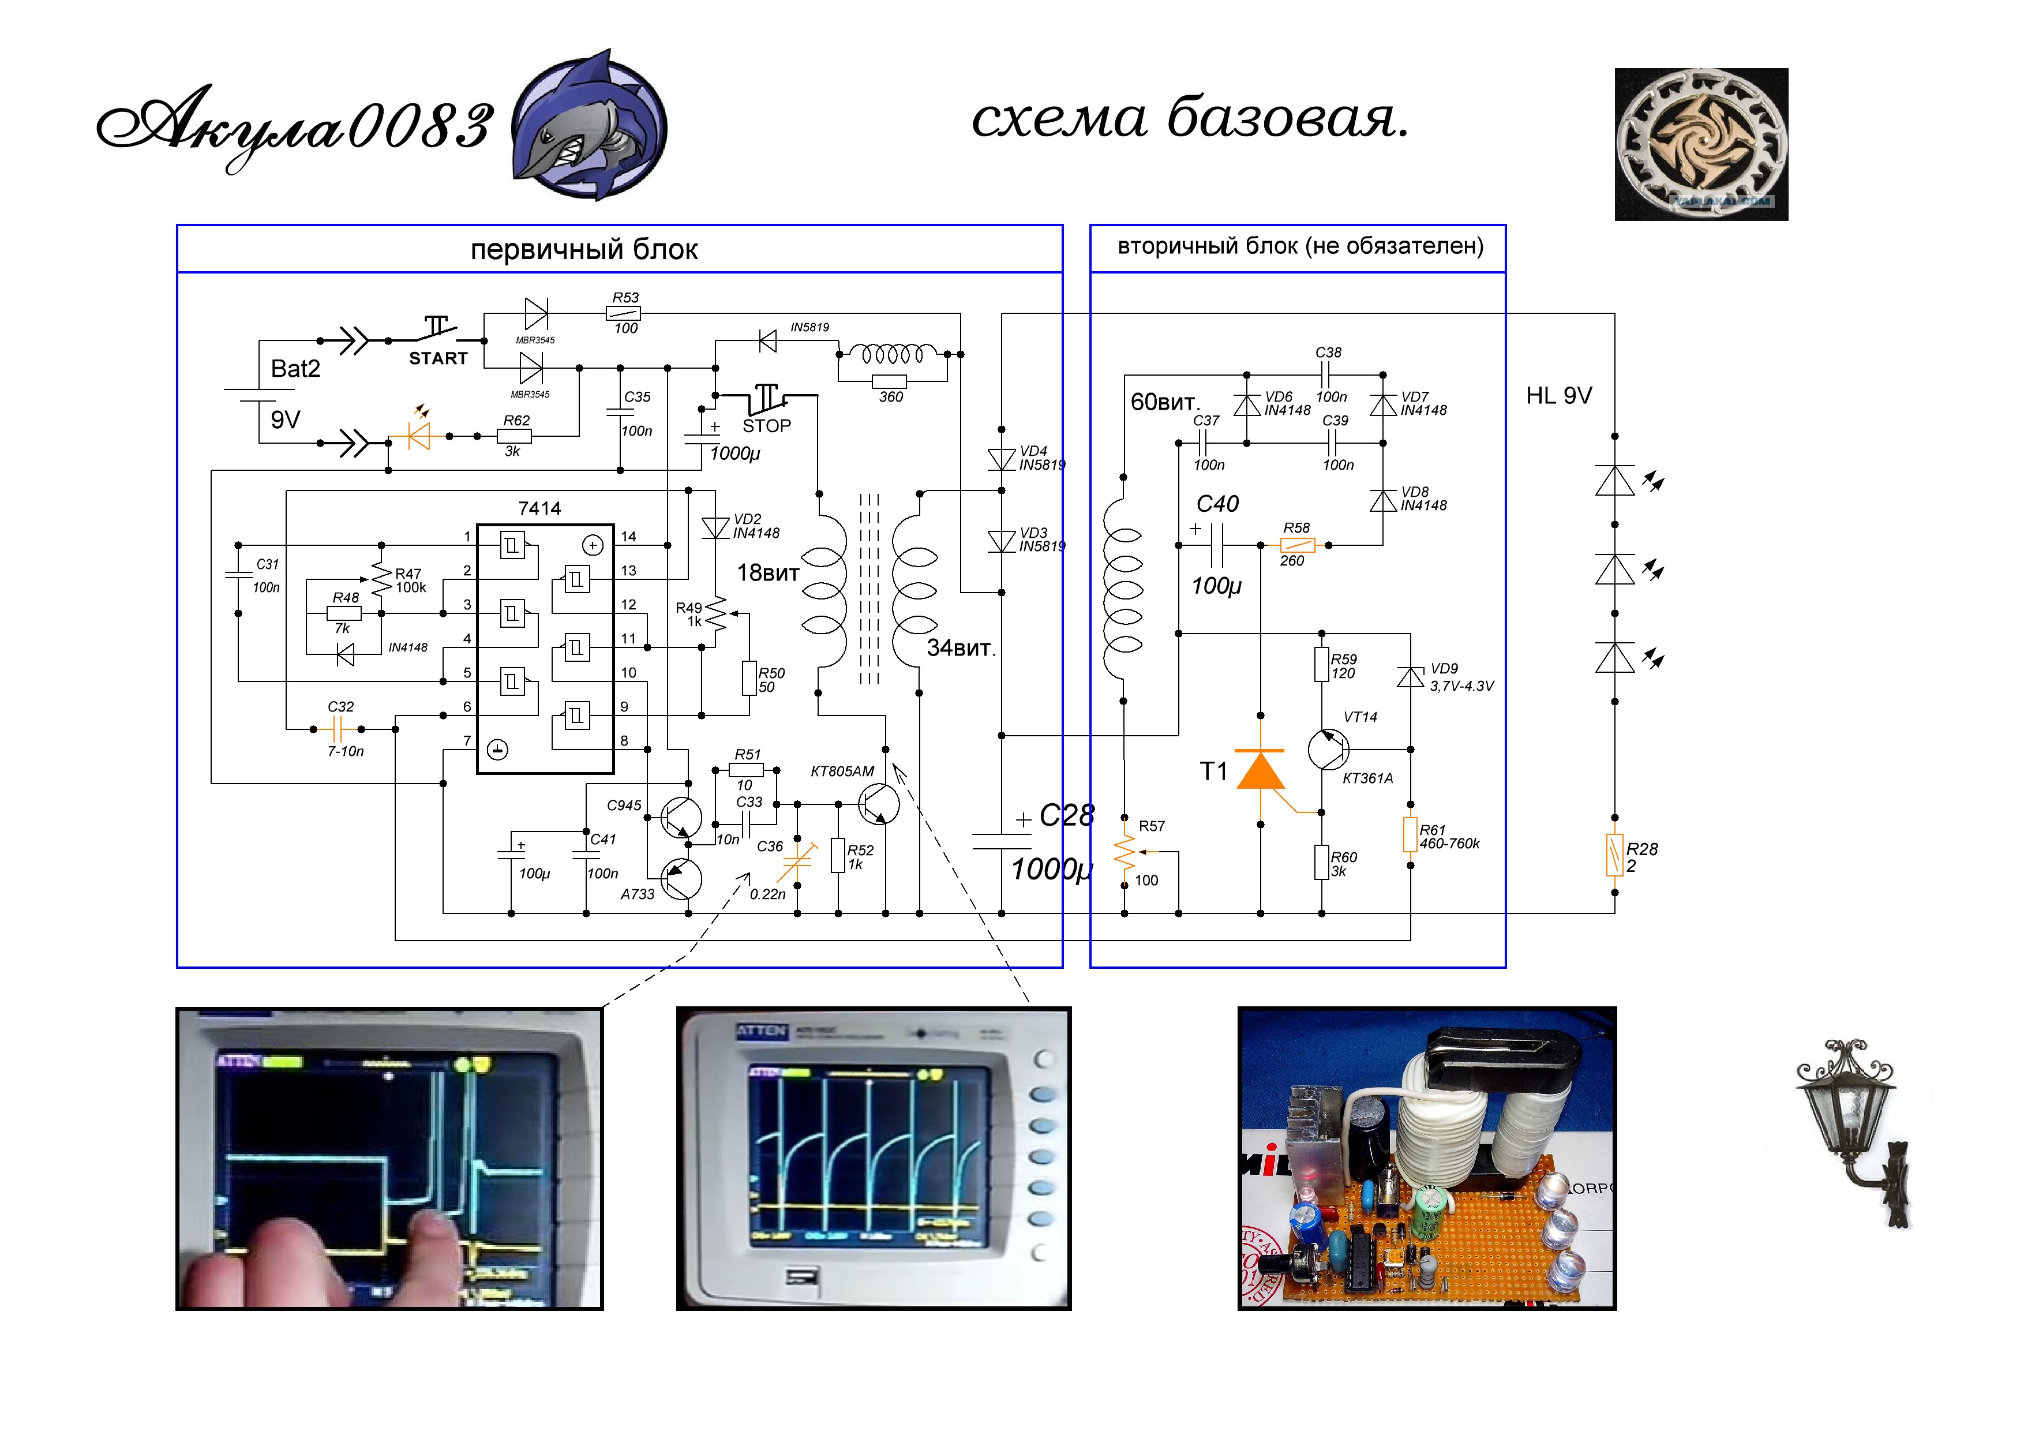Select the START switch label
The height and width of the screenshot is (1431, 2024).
click(x=437, y=359)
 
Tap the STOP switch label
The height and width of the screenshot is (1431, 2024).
click(x=766, y=426)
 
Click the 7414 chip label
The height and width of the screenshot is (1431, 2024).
click(x=539, y=508)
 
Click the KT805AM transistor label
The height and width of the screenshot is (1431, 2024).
click(x=842, y=771)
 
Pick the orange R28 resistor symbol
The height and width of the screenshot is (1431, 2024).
click(x=1614, y=855)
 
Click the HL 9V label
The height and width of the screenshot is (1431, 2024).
click(x=1558, y=396)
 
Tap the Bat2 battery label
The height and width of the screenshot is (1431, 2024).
click(x=295, y=369)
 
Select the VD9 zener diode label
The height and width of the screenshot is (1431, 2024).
click(x=1444, y=669)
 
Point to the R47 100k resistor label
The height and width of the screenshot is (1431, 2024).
click(x=410, y=580)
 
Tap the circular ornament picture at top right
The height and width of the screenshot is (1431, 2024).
click(x=1700, y=144)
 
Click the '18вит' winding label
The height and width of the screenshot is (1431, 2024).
click(x=768, y=573)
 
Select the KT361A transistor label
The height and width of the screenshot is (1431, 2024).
click(x=1367, y=778)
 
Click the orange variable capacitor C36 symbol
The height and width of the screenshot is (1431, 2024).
click(x=796, y=861)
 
